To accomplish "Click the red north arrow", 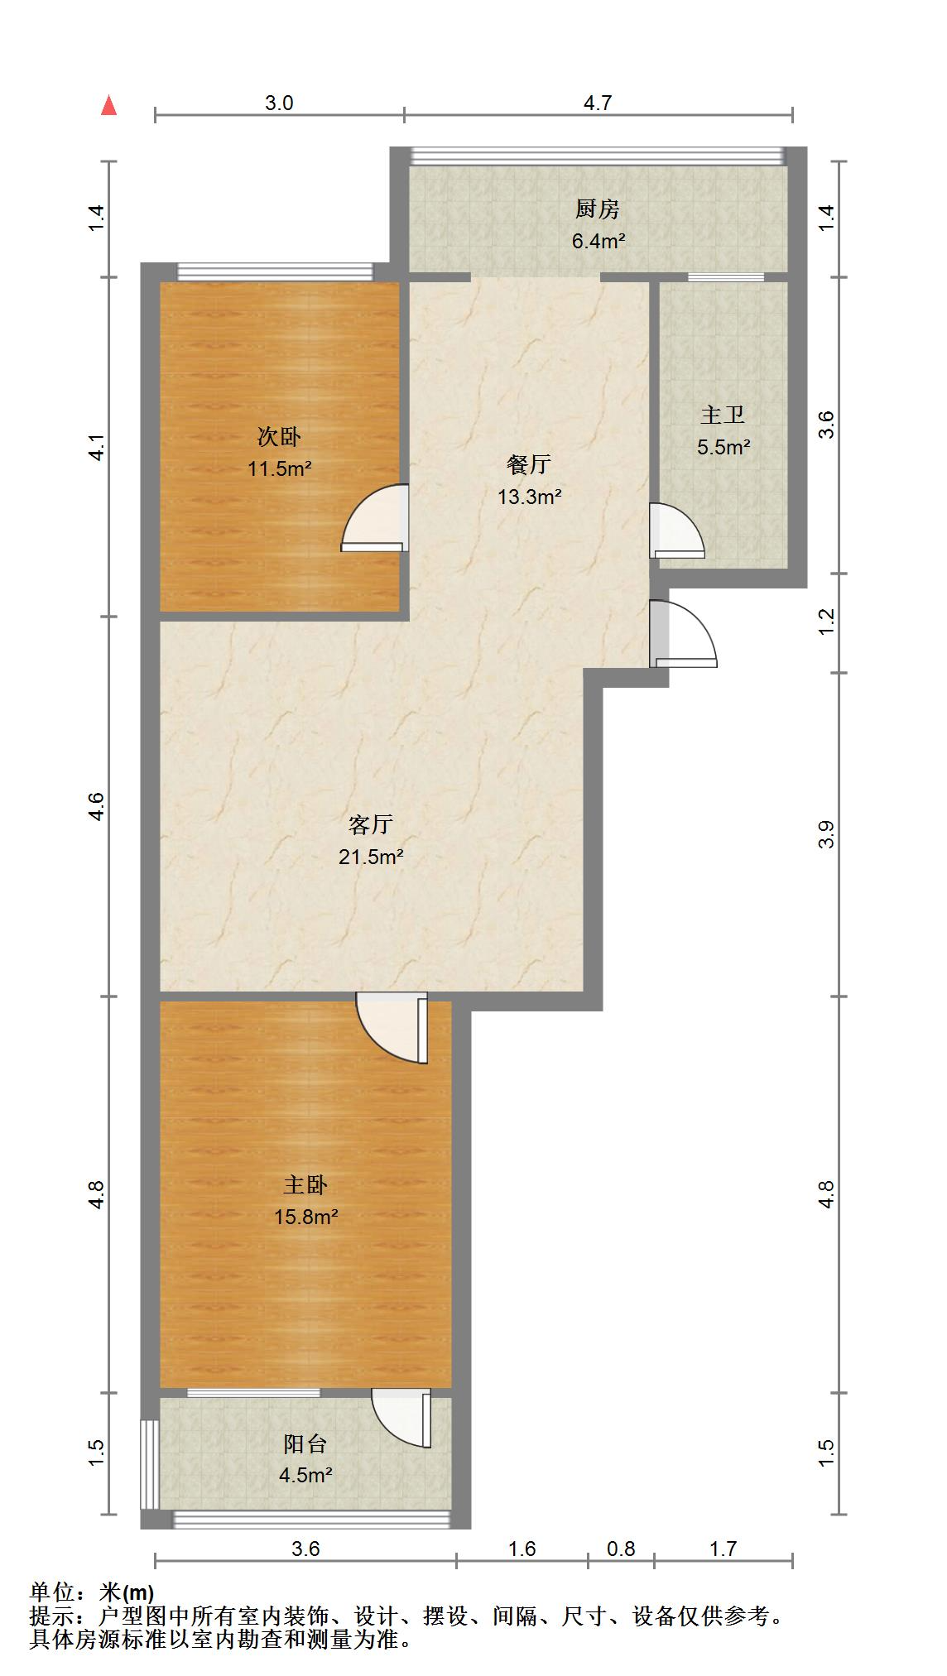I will [x=108, y=106].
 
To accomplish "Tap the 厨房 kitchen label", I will [x=597, y=209].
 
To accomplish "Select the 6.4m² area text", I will [x=597, y=242].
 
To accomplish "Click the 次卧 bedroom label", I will [x=279, y=436].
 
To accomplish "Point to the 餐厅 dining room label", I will [x=528, y=464].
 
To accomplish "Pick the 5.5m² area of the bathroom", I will [x=723, y=448].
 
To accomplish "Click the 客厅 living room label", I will [x=370, y=824].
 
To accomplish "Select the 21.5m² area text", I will [x=370, y=857].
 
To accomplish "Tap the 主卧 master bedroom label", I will [x=305, y=1185].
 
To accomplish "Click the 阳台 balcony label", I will [x=305, y=1444].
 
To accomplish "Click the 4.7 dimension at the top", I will [x=597, y=103].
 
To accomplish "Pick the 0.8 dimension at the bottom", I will [x=621, y=1549].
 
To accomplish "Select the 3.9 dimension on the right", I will [x=825, y=834].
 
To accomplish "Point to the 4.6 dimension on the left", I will [x=97, y=806].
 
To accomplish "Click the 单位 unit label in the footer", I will [x=52, y=1592].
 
